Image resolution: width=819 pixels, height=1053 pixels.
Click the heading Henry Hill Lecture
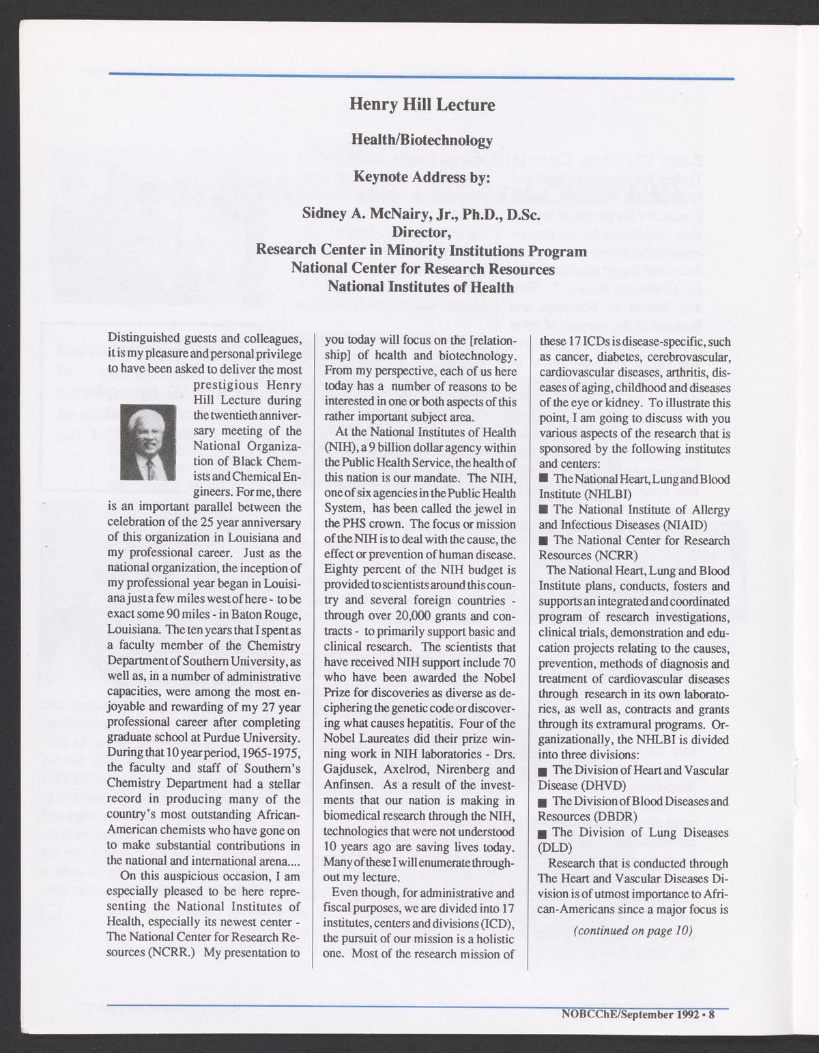pos(421,104)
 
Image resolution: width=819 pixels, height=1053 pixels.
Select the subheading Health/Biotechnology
pos(421,140)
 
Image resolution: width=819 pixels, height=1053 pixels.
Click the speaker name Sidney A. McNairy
pos(382,216)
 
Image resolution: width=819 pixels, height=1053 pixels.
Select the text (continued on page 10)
pos(632,930)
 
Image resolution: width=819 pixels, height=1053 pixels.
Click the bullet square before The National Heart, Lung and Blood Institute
pos(543,478)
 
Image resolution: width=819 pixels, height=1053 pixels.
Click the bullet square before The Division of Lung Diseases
pos(543,833)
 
